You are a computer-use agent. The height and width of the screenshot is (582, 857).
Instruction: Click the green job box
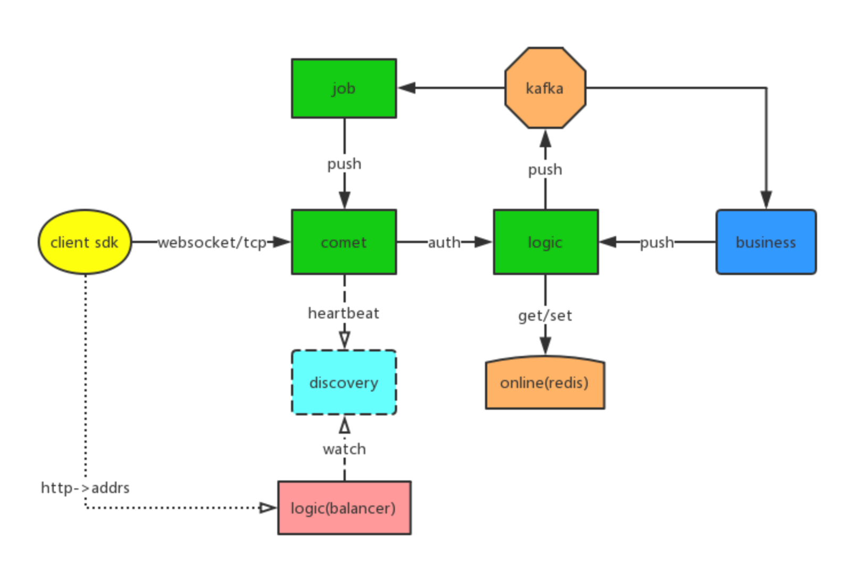[x=344, y=88]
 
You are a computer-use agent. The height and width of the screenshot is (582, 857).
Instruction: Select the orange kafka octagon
[x=545, y=88]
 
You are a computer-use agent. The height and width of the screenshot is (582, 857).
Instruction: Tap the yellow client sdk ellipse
[x=85, y=242]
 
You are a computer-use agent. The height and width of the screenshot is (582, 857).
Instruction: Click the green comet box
[x=344, y=242]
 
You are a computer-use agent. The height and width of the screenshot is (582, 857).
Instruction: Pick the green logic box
[x=545, y=242]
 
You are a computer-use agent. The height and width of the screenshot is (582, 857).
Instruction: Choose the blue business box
[x=766, y=242]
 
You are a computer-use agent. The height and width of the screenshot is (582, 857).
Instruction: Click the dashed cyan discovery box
[x=344, y=383]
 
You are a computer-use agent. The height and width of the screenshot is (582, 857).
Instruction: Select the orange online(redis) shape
[x=545, y=383]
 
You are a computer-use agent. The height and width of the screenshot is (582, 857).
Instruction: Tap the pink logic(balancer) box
[x=344, y=508]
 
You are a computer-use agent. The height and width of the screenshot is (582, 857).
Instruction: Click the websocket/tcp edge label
[x=212, y=243]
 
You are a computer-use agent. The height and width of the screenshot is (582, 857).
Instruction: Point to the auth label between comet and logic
[x=444, y=243]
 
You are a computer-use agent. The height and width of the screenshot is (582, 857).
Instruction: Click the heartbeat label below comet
[x=344, y=313]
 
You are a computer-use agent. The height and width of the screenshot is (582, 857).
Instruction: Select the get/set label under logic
[x=545, y=315]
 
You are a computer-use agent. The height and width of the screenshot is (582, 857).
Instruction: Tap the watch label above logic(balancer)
[x=344, y=449]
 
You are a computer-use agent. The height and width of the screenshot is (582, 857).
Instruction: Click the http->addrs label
[x=85, y=488]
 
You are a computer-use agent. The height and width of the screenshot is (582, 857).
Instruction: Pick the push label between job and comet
[x=344, y=164]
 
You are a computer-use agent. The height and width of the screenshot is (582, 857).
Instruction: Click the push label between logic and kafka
[x=545, y=170]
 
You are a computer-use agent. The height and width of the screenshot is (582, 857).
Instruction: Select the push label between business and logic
[x=656, y=243]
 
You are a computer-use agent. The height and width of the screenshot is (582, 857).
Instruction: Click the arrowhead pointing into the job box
[x=407, y=88]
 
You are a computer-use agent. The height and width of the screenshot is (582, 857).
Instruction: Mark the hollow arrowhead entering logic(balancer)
[x=267, y=508]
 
